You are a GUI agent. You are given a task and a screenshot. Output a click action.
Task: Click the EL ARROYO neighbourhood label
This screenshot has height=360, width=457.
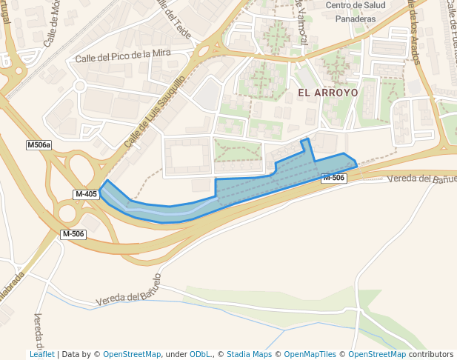(327, 93)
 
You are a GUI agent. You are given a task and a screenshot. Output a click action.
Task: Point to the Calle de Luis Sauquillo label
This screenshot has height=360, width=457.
(154, 113)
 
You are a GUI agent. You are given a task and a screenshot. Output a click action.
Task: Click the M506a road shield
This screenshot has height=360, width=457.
(39, 145)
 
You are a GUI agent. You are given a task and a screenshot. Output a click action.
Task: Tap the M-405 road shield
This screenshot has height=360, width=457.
(86, 194)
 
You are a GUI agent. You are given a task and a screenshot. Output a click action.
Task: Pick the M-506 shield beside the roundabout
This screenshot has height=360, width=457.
(73, 234)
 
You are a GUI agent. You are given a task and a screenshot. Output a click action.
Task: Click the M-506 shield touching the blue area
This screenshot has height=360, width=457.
(334, 178)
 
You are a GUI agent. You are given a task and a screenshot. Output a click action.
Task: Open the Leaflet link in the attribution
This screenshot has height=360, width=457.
(42, 354)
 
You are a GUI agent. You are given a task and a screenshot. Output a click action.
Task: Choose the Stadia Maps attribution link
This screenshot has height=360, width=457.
(249, 354)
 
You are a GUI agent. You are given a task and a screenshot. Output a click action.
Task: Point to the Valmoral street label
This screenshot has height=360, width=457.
(301, 22)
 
